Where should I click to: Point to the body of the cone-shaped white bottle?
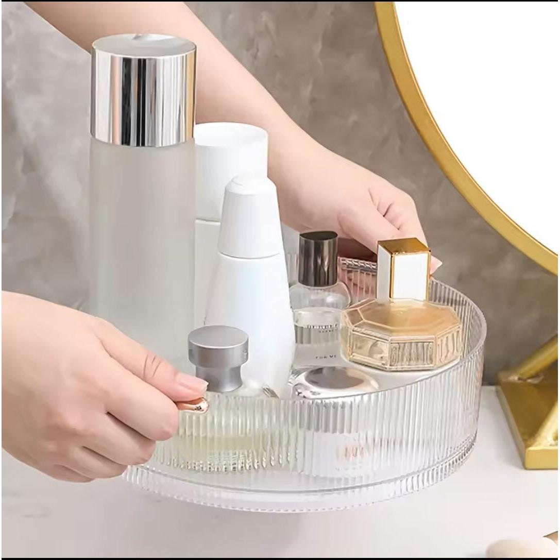pos(252,309)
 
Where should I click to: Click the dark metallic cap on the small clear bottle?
pos(317,258)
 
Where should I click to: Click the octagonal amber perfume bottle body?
pos(402,335)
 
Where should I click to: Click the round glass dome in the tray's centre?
pos(335,381)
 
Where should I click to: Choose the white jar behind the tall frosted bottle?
pos(230,155)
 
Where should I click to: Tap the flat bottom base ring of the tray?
pos(309,495)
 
